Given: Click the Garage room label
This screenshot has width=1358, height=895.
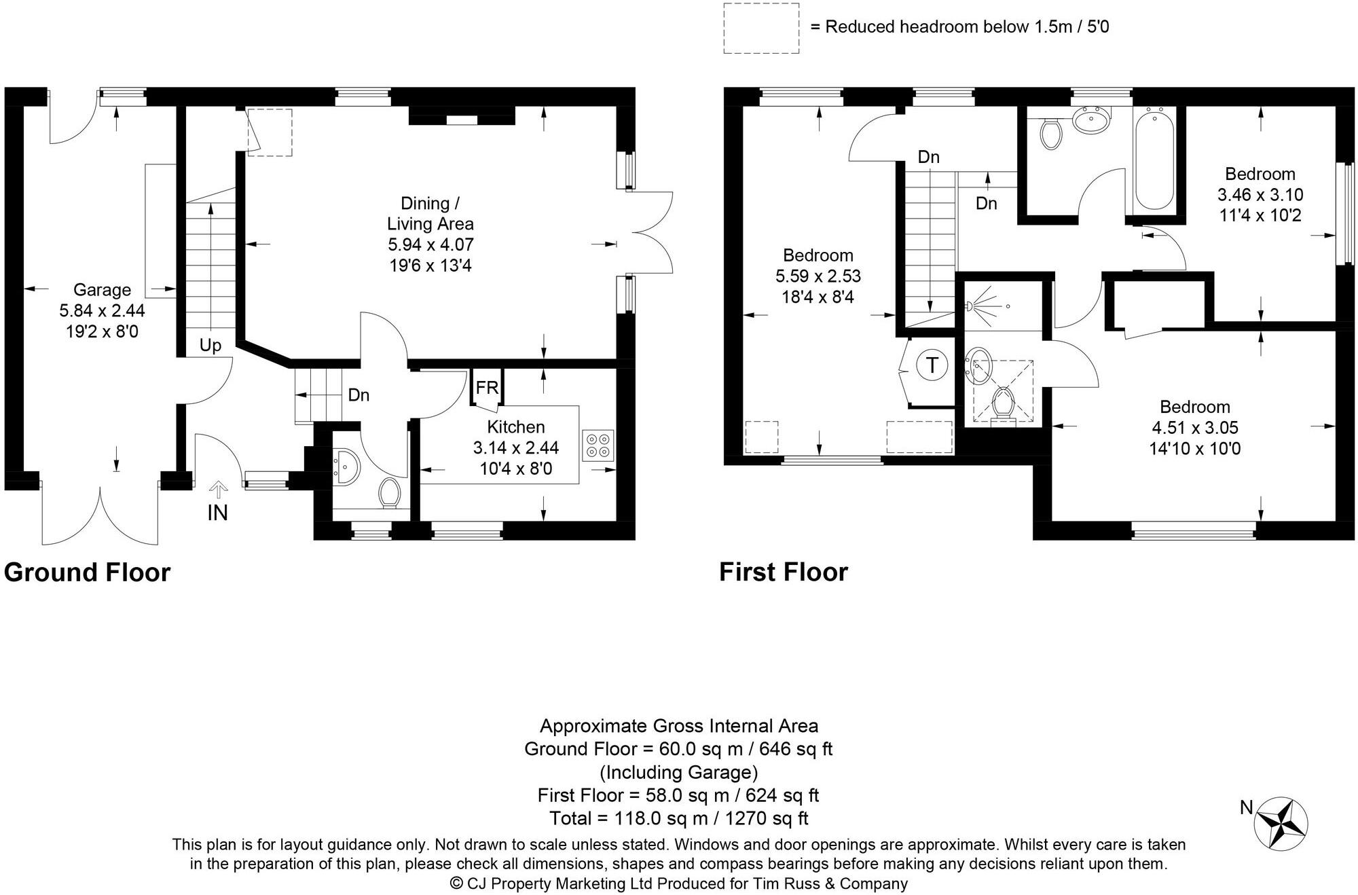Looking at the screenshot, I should click(102, 290).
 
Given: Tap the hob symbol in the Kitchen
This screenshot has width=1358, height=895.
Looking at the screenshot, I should click(598, 445).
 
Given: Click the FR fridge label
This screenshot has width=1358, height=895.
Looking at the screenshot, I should click(487, 388).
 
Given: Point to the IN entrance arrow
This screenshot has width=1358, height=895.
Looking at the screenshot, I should click(217, 488).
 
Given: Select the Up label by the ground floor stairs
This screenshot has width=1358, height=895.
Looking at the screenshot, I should click(210, 346).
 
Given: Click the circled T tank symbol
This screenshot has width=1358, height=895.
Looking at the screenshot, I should click(932, 365).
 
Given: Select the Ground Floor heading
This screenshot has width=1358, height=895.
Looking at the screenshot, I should click(87, 572).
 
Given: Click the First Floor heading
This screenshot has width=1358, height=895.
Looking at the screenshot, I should click(784, 572).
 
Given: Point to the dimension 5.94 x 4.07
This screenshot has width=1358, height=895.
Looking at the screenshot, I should click(430, 244).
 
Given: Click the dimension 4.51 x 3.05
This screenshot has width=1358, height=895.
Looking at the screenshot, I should click(1195, 428).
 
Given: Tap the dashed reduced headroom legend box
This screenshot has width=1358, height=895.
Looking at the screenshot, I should click(760, 28).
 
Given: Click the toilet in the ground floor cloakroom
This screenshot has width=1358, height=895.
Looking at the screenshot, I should click(390, 492).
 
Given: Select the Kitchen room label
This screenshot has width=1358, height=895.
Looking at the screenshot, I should click(516, 426).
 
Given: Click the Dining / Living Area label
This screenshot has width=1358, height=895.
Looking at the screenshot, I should click(430, 213).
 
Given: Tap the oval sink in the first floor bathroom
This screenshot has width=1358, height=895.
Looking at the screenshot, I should click(1092, 122).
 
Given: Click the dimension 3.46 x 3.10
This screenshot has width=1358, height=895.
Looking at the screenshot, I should click(1260, 195).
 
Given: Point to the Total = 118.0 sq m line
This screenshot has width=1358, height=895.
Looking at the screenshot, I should click(679, 818).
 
